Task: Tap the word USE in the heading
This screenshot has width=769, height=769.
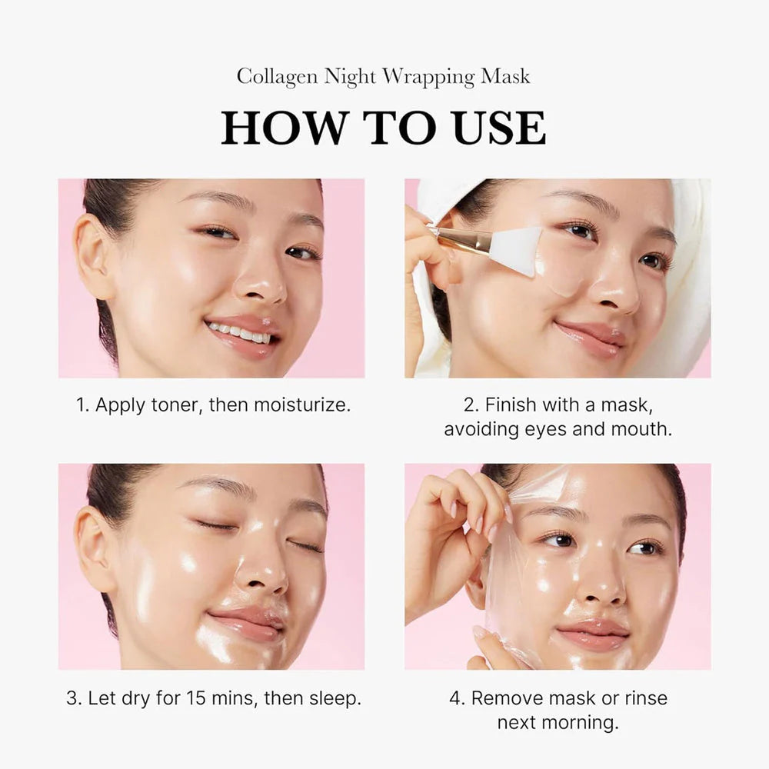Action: pyautogui.click(x=499, y=128)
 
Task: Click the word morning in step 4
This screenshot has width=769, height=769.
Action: pyautogui.click(x=584, y=723)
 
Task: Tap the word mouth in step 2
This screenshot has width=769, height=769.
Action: pyautogui.click(x=641, y=429)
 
